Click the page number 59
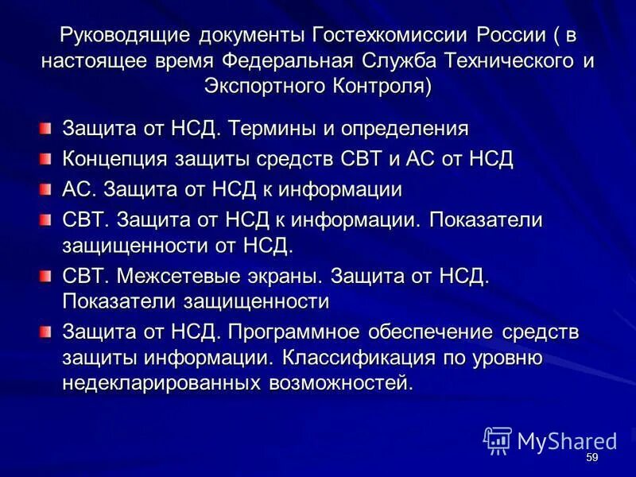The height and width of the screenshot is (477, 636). tap(591, 459)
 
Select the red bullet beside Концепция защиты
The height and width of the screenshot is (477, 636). tap(45, 158)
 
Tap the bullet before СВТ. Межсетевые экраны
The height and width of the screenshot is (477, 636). tap(45, 276)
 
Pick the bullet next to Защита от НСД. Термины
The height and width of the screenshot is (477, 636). tap(45, 128)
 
